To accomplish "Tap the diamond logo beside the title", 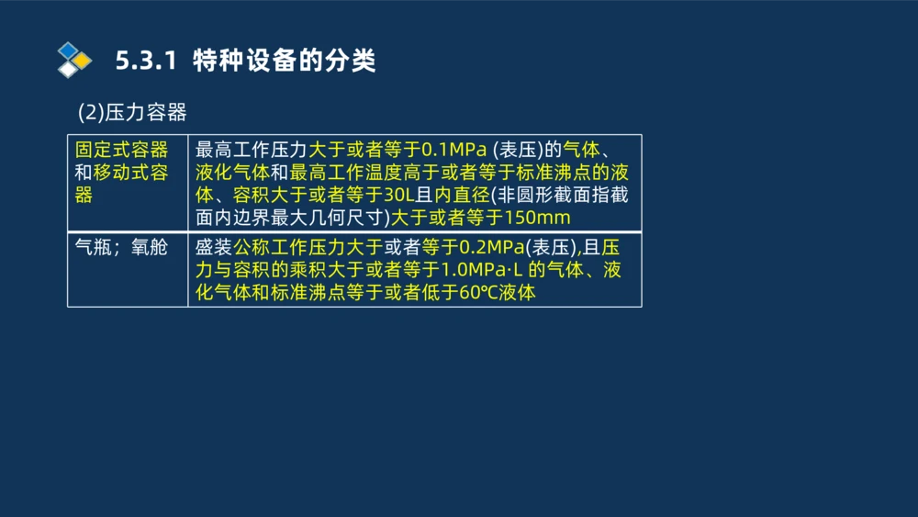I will (x=73, y=60).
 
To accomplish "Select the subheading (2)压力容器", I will (x=132, y=112).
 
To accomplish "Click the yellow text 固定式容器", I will (x=122, y=151).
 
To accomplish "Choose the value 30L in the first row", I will (x=401, y=196).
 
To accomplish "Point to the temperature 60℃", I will (x=477, y=292).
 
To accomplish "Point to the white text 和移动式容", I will (x=122, y=173).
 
